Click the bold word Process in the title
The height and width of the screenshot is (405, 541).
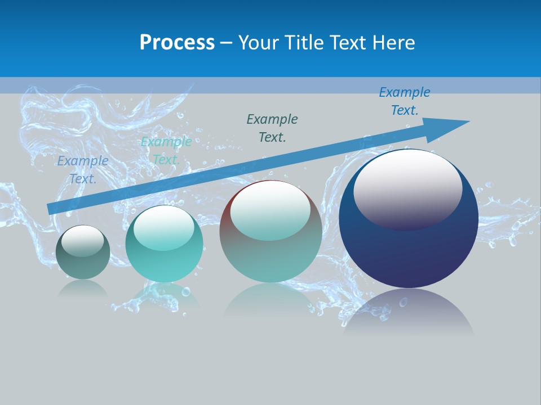(x=177, y=43)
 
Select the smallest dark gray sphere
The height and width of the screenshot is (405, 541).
(x=83, y=264)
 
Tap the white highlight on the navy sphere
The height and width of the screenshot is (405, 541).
(x=408, y=188)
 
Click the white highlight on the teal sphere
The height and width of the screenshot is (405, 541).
(x=164, y=227)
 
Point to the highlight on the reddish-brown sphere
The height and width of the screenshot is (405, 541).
(x=270, y=210)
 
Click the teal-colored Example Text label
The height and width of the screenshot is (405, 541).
(x=166, y=151)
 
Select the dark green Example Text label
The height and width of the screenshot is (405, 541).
(x=272, y=128)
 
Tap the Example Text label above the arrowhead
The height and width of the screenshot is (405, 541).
(x=405, y=101)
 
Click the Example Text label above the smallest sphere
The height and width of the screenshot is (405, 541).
(x=83, y=170)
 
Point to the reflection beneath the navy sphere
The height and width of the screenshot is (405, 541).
(x=409, y=312)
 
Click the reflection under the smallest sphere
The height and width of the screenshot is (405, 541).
(x=83, y=289)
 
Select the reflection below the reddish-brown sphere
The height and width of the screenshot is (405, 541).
(x=270, y=301)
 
